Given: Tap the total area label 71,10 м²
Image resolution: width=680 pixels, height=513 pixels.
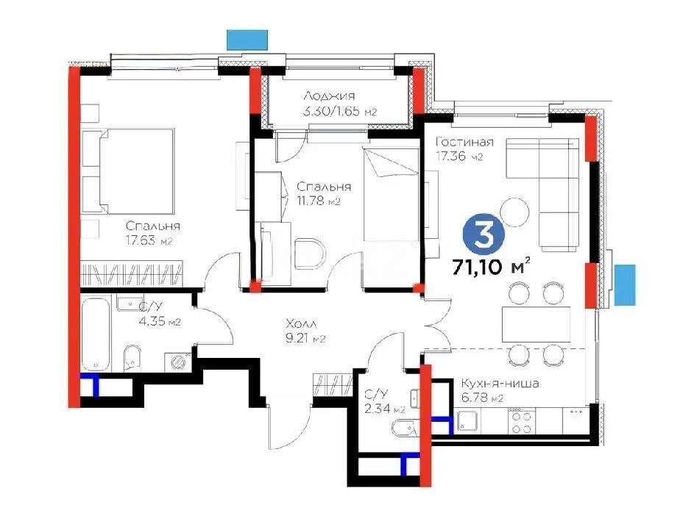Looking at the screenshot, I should coord(492,267).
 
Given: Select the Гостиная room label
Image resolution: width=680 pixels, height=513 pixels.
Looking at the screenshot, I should coord(464,142).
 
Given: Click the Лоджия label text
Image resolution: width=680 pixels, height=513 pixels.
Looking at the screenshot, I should coord(329,96).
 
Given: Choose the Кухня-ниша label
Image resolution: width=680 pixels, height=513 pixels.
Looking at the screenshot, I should coord(500,384).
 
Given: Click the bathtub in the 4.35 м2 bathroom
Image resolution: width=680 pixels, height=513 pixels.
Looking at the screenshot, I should coord(96,333).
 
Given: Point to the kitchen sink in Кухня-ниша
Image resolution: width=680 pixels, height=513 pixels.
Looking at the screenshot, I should coord(468,421).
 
